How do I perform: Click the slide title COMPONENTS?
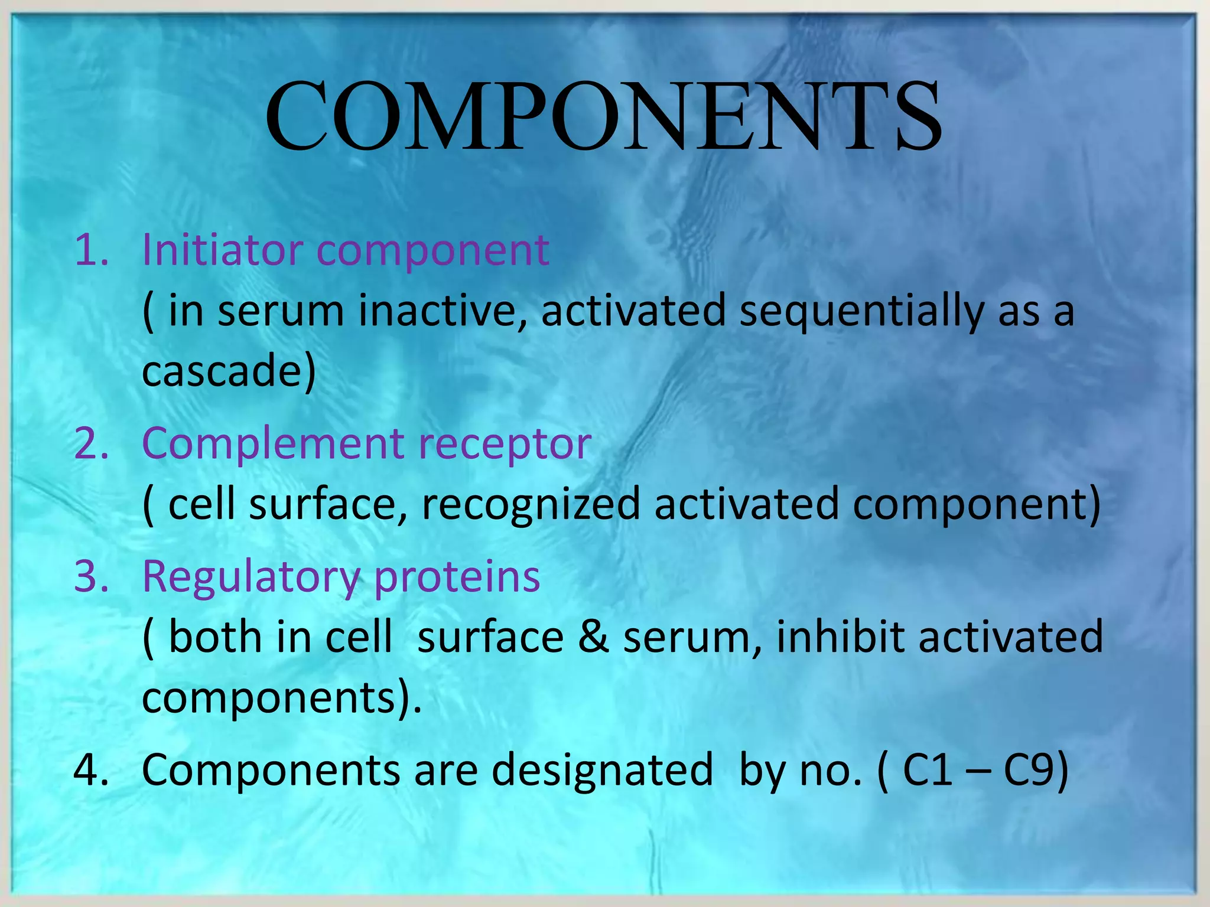pyautogui.click(x=603, y=116)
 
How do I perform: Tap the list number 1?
pyautogui.click(x=92, y=250)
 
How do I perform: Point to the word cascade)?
pyautogui.click(x=229, y=371)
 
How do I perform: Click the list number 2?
pyautogui.click(x=92, y=443)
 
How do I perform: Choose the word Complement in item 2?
pyautogui.click(x=274, y=443)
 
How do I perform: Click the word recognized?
pyautogui.click(x=531, y=505)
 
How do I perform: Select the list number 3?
pyautogui.click(x=92, y=576)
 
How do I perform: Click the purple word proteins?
pyautogui.click(x=457, y=576)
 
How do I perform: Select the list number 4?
pyautogui.click(x=92, y=770)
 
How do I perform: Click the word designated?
pyautogui.click(x=602, y=771)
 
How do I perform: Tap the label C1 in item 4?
pyautogui.click(x=928, y=770)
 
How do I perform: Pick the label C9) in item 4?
pyautogui.click(x=1035, y=770)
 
